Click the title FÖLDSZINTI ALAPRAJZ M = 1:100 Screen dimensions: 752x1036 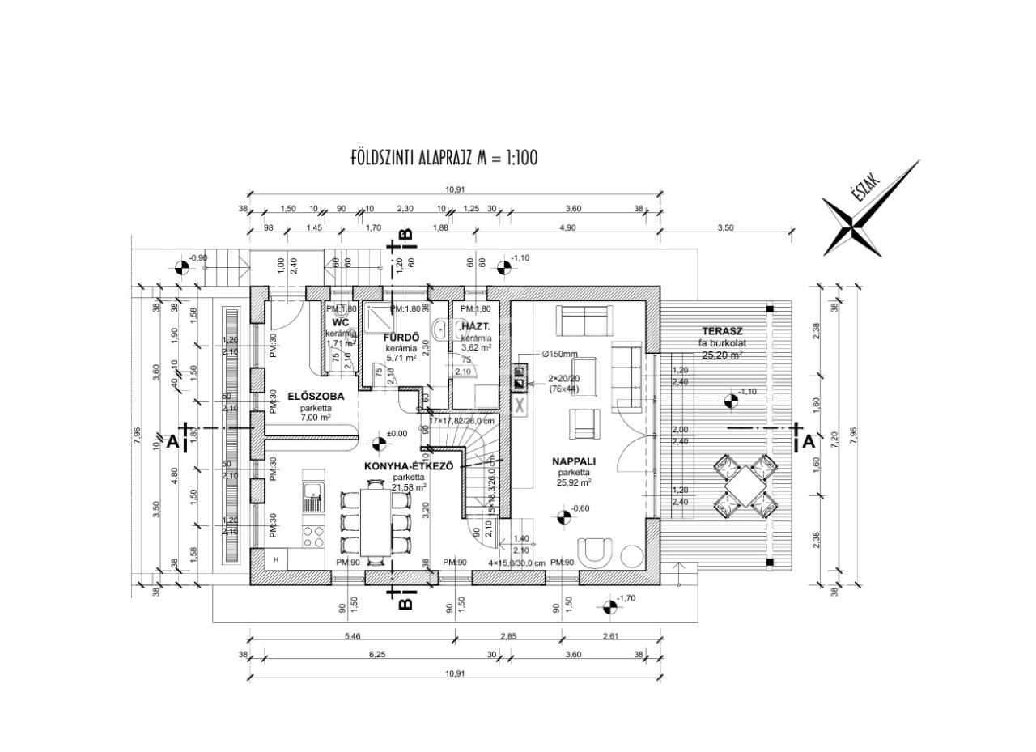[x=444, y=156]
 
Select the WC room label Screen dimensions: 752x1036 [x=340, y=323]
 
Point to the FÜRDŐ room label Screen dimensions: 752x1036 [x=400, y=337]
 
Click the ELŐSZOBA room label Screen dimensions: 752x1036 [x=315, y=397]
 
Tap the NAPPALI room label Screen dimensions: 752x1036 [x=574, y=461]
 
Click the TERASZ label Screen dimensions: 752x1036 [x=722, y=332]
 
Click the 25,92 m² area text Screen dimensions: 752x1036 [x=574, y=482]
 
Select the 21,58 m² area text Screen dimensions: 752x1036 [x=409, y=487]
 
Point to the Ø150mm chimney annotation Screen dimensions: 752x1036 [x=560, y=354]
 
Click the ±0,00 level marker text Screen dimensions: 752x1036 [x=396, y=434]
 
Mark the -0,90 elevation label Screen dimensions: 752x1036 [x=198, y=258]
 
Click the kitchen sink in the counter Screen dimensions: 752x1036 [x=312, y=495]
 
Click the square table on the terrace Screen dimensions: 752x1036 [x=742, y=485]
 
